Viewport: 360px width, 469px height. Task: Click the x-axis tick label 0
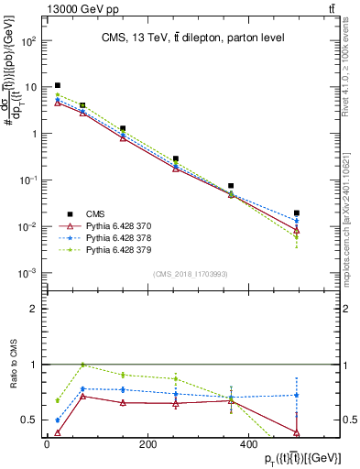click(x=47, y=444)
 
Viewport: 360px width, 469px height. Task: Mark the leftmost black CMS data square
click(x=58, y=85)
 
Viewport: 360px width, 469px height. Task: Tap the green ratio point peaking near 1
click(x=83, y=365)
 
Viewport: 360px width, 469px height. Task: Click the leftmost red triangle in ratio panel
click(x=58, y=432)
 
